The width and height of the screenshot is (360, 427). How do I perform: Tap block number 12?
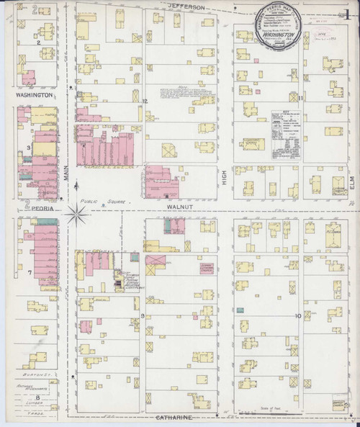(x=144, y=101)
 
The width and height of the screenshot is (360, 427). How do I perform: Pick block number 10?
(x=297, y=316)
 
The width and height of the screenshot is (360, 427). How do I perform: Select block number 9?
(x=143, y=316)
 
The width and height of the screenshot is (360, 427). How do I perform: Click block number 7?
(x=29, y=273)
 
